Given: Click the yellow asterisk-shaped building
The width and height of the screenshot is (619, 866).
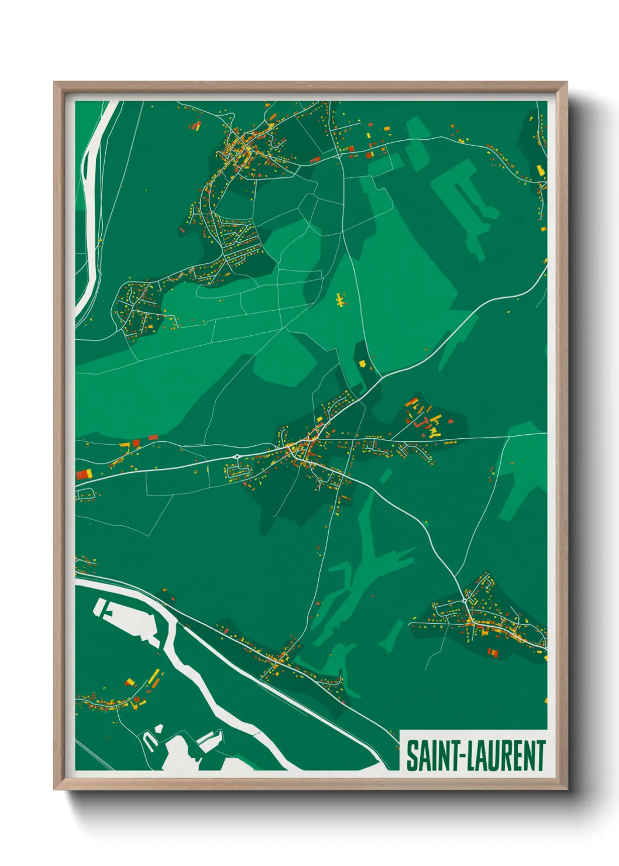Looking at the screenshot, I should click(339, 301).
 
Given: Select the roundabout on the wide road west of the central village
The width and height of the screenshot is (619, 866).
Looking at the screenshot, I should click(237, 456).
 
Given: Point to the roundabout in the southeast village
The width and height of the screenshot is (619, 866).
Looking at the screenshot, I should click(465, 601).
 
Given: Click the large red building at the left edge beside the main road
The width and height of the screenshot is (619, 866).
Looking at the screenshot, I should click(84, 475).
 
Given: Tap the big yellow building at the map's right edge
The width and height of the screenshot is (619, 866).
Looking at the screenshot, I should click(541, 170).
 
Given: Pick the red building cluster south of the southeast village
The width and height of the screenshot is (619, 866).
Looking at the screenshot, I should click(493, 652).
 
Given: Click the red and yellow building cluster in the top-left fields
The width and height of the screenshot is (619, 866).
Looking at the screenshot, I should click(195, 125).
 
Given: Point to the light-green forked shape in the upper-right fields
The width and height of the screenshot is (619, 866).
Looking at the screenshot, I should click(465, 199).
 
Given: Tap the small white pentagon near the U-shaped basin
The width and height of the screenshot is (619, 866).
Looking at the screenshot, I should click(157, 729).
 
